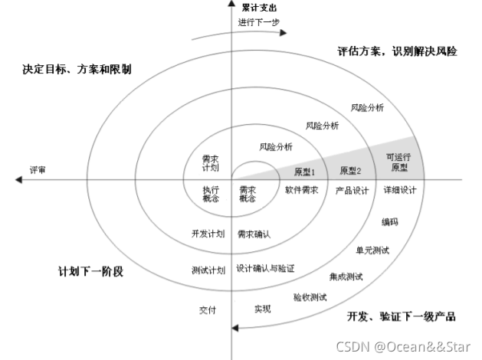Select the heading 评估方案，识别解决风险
coord(397,52)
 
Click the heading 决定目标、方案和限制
coord(77,69)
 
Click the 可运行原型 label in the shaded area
coord(397,161)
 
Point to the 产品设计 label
coord(352,190)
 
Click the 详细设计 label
coord(400,190)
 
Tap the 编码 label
coord(390,222)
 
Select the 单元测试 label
coord(372,250)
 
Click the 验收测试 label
coord(310,296)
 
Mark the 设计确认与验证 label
coord(265,269)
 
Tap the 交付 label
coord(208,309)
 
